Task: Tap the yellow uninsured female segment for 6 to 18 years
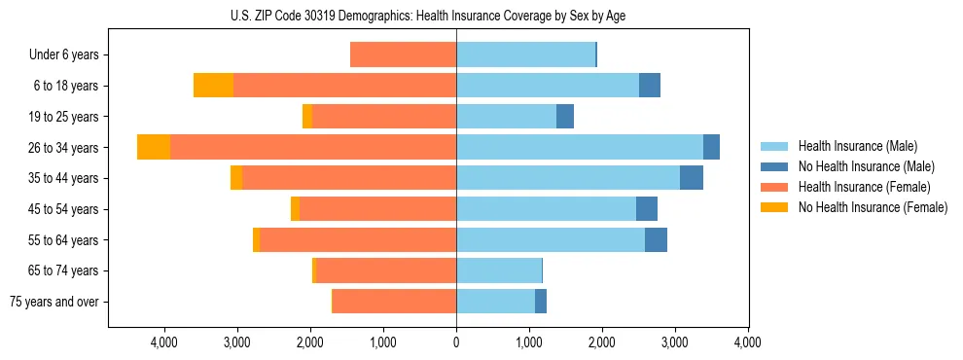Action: (x=213, y=86)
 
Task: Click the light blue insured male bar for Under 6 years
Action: (x=525, y=54)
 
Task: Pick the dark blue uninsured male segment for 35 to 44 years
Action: (x=691, y=178)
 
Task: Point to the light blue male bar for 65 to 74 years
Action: (x=498, y=270)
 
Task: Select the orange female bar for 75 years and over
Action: (x=394, y=302)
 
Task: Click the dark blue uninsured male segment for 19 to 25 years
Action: (x=565, y=117)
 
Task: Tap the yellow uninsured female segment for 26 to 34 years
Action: (x=154, y=147)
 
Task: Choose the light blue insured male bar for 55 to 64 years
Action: (x=551, y=239)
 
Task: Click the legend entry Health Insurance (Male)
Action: (x=856, y=146)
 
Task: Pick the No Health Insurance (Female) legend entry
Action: (x=872, y=207)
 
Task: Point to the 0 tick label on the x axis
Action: (x=456, y=342)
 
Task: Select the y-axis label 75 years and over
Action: (x=54, y=302)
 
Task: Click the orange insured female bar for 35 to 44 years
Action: (x=349, y=178)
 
